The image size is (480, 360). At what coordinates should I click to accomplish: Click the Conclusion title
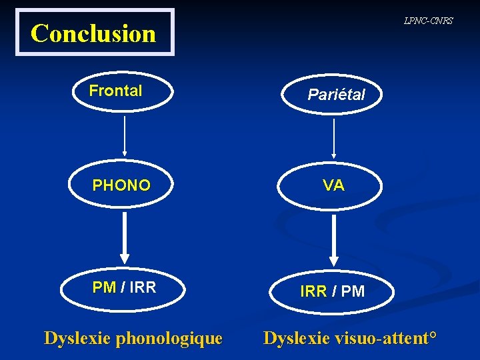(93, 33)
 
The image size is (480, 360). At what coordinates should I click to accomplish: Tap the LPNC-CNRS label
(428, 21)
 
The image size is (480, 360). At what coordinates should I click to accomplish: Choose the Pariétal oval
(336, 95)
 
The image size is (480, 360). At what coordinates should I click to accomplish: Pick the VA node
(334, 185)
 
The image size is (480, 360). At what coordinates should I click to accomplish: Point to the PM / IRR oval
(124, 287)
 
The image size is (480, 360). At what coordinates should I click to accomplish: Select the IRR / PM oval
(332, 291)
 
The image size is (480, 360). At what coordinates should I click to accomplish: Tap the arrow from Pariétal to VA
(334, 137)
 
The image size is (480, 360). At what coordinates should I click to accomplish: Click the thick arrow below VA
(334, 240)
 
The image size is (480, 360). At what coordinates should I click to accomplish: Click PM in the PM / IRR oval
(104, 287)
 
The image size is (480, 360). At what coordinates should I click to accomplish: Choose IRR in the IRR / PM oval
(313, 291)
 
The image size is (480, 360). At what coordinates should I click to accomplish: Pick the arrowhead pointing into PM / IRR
(125, 259)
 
